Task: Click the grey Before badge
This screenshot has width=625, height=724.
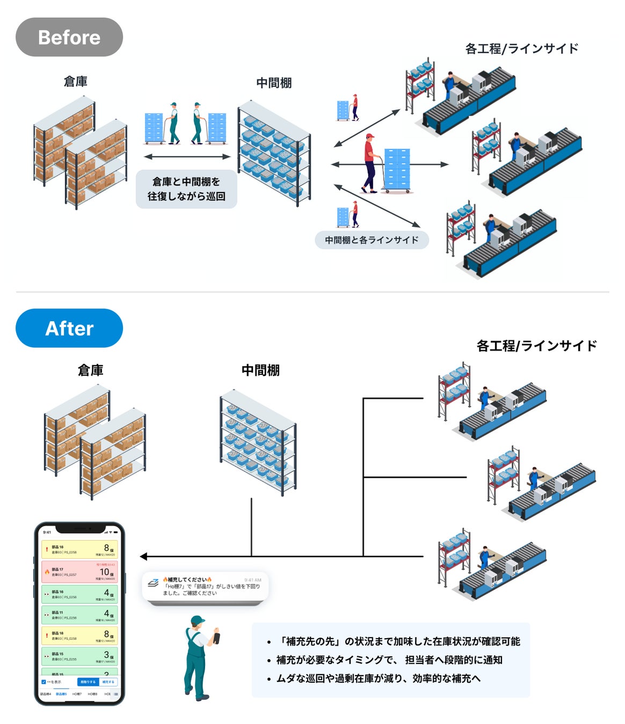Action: coord(69,37)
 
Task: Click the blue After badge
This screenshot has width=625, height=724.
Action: coord(69,328)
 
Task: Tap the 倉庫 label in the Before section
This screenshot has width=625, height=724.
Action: coord(75,82)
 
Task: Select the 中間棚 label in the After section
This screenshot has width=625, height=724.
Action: coord(260,370)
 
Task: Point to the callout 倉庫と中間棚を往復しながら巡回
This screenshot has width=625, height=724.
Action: coord(186,189)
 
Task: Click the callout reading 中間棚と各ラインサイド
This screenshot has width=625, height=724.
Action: coord(372,240)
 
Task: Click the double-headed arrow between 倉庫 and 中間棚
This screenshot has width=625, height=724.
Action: coord(187,157)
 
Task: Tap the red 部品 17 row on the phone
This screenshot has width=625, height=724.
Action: coord(79,572)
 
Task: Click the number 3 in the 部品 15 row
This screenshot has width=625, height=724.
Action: coord(106,655)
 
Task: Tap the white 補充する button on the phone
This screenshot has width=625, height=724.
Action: coord(108,682)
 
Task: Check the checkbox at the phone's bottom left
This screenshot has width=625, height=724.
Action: coord(44,682)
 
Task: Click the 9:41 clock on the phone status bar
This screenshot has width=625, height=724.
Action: coord(47,532)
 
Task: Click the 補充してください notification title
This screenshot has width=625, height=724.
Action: coord(187,580)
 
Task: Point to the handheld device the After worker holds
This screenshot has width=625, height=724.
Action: coord(216,638)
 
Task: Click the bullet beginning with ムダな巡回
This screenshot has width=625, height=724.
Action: coord(378,678)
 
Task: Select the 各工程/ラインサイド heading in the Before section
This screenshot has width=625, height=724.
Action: coord(521,49)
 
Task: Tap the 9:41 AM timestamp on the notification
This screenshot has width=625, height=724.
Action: coord(252,580)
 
